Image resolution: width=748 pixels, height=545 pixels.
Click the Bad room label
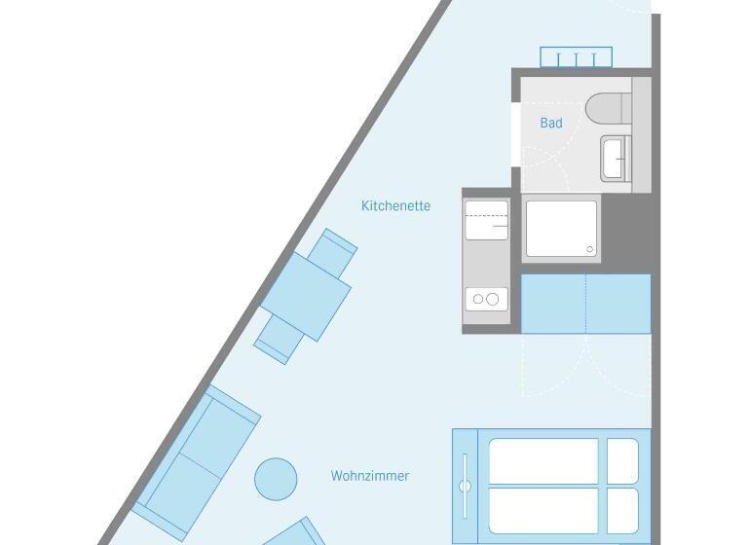coord(551,123)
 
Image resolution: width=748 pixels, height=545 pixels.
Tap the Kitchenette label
coord(395,205)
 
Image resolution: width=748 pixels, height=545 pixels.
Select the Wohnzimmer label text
coord(370,476)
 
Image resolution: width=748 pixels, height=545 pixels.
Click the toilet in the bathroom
coord(608,107)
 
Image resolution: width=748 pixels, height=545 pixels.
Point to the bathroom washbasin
coord(616,159)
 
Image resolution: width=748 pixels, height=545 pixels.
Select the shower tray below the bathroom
coord(561,229)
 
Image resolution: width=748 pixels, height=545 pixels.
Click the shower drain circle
coord(589,249)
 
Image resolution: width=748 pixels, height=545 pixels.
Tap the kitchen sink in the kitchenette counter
coord(487,220)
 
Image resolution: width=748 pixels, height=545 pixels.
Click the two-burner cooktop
coord(487,299)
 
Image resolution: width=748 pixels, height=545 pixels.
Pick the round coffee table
coord(276,479)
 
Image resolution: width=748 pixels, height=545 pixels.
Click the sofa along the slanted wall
coord(196,463)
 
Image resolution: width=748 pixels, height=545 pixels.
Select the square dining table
coord(306,297)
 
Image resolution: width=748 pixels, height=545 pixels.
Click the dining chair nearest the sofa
coord(279,340)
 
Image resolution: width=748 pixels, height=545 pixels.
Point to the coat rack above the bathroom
coord(576,57)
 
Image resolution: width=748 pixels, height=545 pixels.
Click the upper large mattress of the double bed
coord(543,461)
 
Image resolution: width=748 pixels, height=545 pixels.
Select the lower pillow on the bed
coord(622,511)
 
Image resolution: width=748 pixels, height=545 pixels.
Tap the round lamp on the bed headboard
coord(465,487)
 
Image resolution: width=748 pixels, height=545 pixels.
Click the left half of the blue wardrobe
coord(553,304)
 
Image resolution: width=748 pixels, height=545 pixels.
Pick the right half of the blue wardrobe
coord(618,304)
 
